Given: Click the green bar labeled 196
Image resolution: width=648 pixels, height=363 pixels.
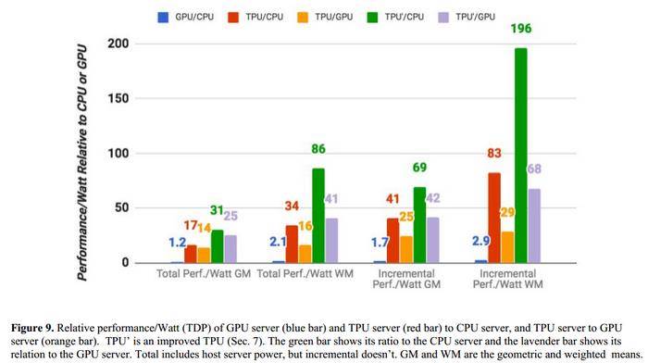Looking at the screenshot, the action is [520, 156].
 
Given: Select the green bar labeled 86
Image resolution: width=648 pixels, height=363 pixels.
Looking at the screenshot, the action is [318, 216].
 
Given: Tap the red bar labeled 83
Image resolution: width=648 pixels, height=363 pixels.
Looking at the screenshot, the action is [494, 218].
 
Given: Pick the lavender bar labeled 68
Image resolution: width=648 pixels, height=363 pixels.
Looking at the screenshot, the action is [534, 226].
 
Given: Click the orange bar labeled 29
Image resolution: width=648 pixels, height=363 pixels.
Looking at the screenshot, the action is [507, 247].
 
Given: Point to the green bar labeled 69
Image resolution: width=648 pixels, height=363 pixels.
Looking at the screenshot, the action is [419, 225].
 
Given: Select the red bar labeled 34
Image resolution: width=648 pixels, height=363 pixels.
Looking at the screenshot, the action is [292, 244].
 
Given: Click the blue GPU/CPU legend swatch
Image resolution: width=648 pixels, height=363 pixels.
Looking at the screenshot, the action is [163, 18].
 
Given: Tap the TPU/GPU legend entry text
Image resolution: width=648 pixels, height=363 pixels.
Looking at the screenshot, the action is [334, 17].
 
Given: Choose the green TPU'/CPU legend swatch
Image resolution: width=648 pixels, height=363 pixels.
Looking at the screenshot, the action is [372, 18].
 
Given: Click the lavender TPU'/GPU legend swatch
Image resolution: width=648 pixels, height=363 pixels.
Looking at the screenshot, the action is [443, 18].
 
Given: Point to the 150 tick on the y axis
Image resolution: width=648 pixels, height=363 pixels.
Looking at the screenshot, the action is [118, 98].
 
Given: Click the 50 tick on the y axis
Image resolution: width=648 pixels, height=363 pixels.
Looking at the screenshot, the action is [121, 207].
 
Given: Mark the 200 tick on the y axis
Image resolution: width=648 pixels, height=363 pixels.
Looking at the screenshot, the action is [118, 44].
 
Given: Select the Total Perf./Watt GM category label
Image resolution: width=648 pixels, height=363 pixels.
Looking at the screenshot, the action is [204, 274].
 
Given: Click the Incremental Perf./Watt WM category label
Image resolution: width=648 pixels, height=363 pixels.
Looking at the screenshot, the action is [507, 279].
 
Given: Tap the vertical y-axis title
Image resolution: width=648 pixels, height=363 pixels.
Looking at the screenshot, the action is [82, 162].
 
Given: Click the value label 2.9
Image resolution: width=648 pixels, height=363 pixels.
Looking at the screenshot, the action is [481, 241].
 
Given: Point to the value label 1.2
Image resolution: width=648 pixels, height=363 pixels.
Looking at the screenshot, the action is [178, 243].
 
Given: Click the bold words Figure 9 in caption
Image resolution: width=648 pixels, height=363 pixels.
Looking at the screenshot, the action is [32, 328].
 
